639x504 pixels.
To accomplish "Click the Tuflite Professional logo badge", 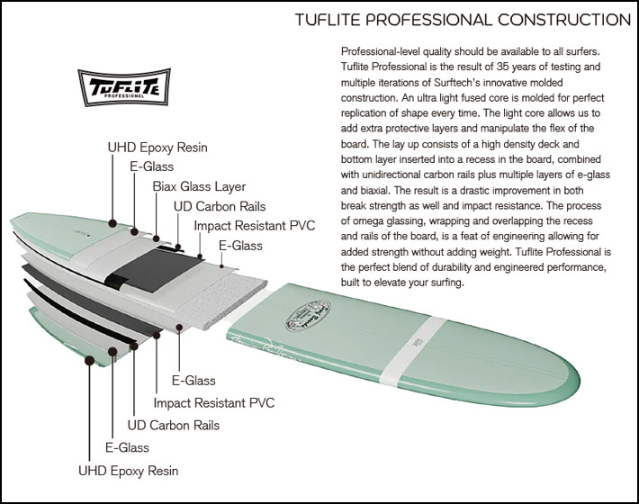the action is click(124, 86).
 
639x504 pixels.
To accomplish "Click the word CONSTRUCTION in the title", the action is click(564, 20).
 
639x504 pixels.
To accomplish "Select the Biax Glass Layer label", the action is click(199, 186).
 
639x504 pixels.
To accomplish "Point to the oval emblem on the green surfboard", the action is click(308, 315).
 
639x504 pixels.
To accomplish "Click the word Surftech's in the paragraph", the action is click(458, 82).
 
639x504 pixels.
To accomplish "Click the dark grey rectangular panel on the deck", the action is click(153, 269).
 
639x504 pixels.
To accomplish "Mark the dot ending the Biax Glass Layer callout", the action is click(156, 238).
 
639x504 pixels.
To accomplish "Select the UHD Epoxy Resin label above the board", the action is click(157, 148).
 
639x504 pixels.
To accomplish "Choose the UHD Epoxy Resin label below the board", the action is click(129, 471).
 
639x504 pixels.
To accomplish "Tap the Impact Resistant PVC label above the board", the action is click(255, 226).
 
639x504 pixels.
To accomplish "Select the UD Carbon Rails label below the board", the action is click(174, 426).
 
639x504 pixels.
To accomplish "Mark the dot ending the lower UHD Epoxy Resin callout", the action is click(89, 360).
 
